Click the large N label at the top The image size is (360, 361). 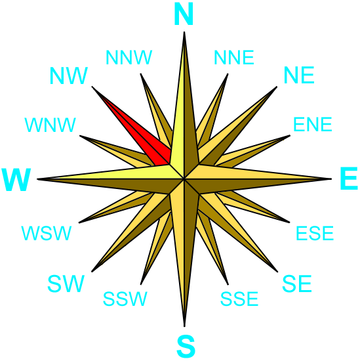[184, 14]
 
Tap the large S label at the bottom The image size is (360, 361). [186, 347]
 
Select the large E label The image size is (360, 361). [349, 179]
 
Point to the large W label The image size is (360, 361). [16, 180]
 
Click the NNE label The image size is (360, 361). [234, 57]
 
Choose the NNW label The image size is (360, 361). [129, 57]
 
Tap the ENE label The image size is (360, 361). [313, 124]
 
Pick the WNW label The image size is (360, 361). [50, 125]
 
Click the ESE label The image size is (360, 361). [315, 233]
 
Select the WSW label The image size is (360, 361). [47, 233]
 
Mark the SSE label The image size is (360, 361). [239, 299]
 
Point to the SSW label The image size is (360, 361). [125, 299]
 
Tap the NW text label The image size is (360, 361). [69, 75]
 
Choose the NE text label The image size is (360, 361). [299, 75]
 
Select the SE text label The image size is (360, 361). [297, 284]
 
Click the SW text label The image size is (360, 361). [66, 284]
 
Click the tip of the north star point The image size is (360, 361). [184, 32]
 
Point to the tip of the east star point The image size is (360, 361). [331, 179]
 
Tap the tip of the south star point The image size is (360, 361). [184, 326]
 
